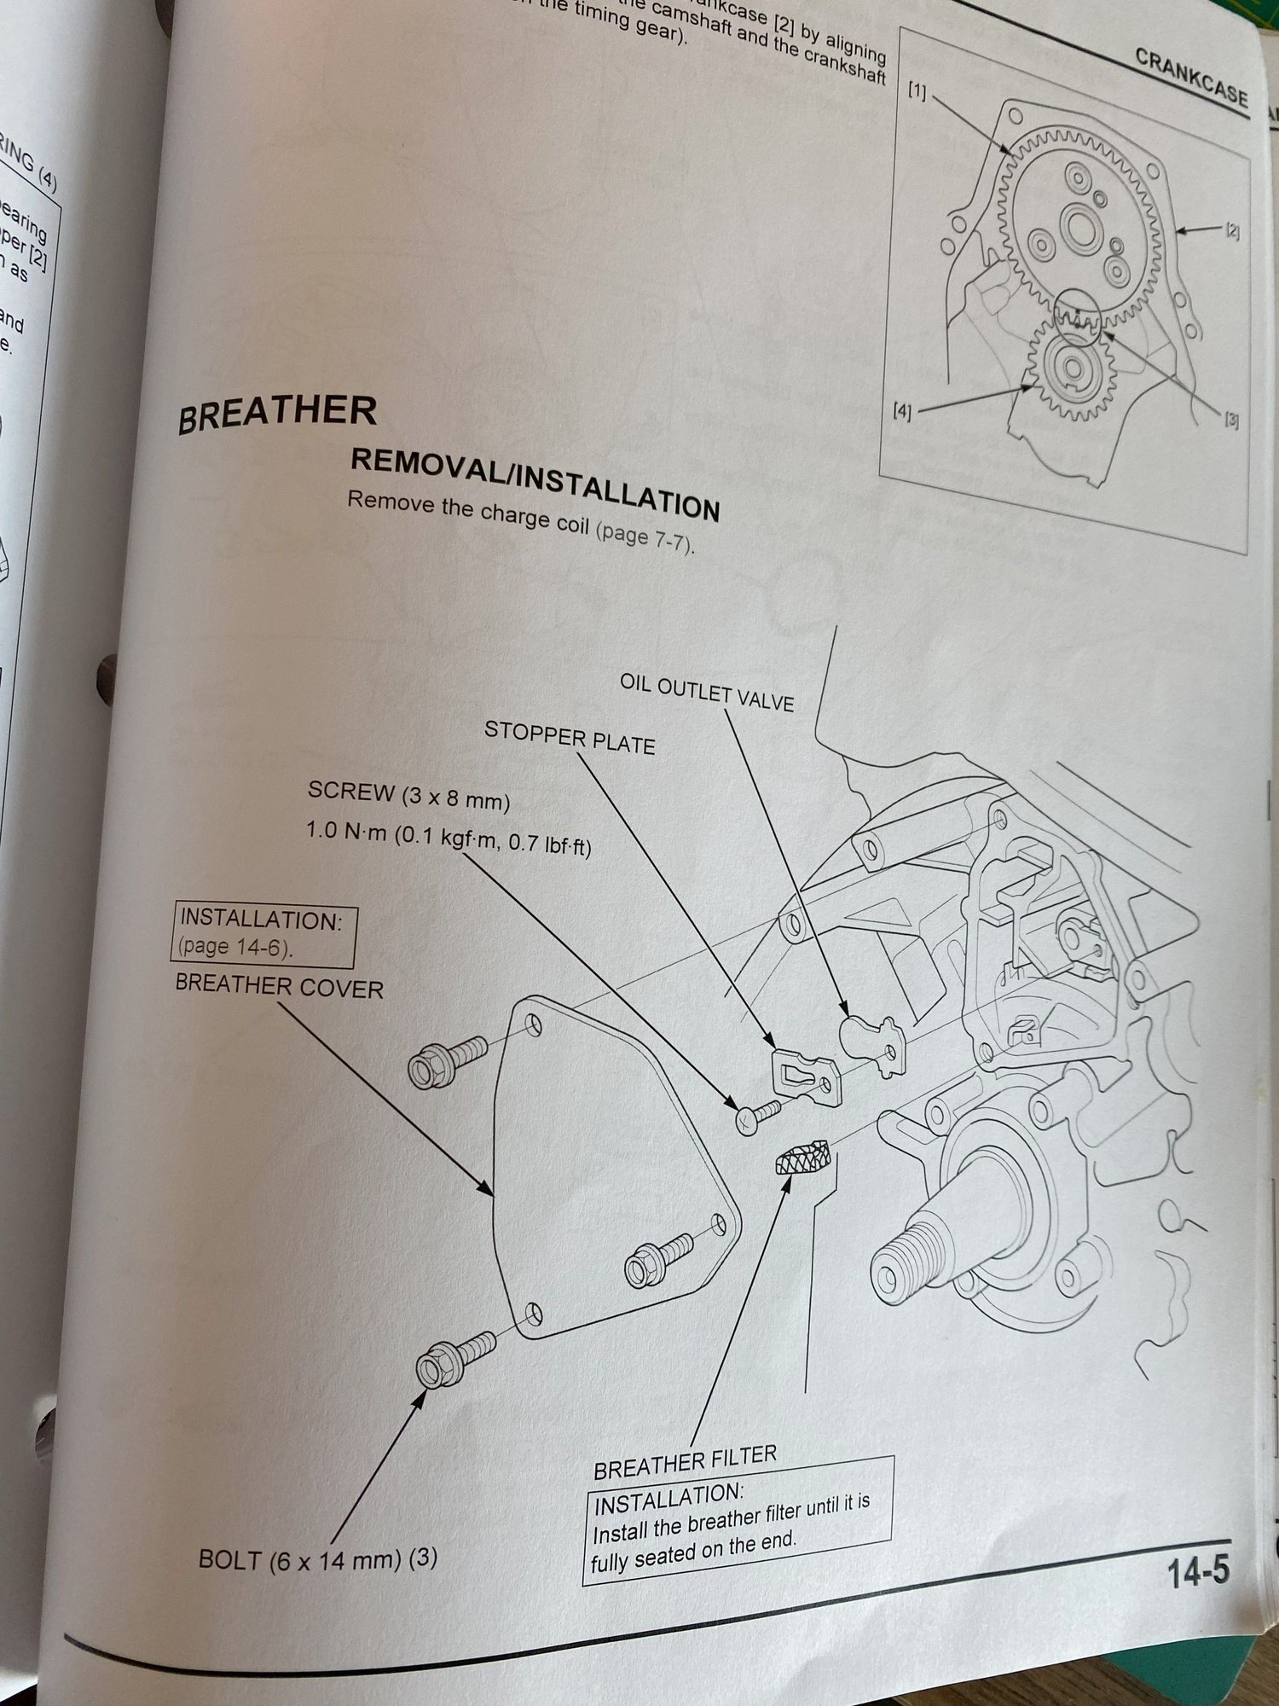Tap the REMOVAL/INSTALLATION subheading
point(535,483)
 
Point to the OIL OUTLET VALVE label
point(706,693)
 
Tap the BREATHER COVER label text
point(279,987)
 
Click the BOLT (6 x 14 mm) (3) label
point(317,1559)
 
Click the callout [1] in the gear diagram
point(917,91)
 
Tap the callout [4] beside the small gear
point(902,412)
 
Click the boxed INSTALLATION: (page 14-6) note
point(264,934)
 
